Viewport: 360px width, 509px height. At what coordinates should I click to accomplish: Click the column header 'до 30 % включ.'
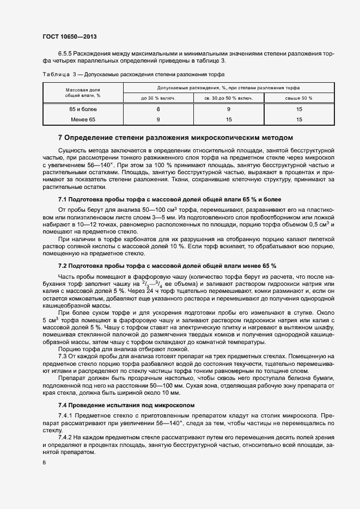158,98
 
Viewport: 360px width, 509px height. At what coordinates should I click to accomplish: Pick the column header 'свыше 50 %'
298,98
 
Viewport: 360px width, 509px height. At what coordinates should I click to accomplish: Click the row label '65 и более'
83,109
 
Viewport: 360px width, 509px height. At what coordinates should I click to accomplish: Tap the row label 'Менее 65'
83,119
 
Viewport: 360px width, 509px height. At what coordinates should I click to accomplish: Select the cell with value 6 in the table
158,109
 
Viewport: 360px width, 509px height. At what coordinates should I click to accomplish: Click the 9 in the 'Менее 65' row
158,119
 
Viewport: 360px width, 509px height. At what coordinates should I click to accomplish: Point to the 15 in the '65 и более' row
298,109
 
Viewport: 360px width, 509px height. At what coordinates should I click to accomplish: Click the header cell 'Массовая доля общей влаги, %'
83,92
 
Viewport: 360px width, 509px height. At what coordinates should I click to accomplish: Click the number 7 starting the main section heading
60,138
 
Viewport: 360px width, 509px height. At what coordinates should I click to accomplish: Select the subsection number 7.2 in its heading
62,265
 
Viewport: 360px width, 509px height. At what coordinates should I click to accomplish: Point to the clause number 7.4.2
65,437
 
